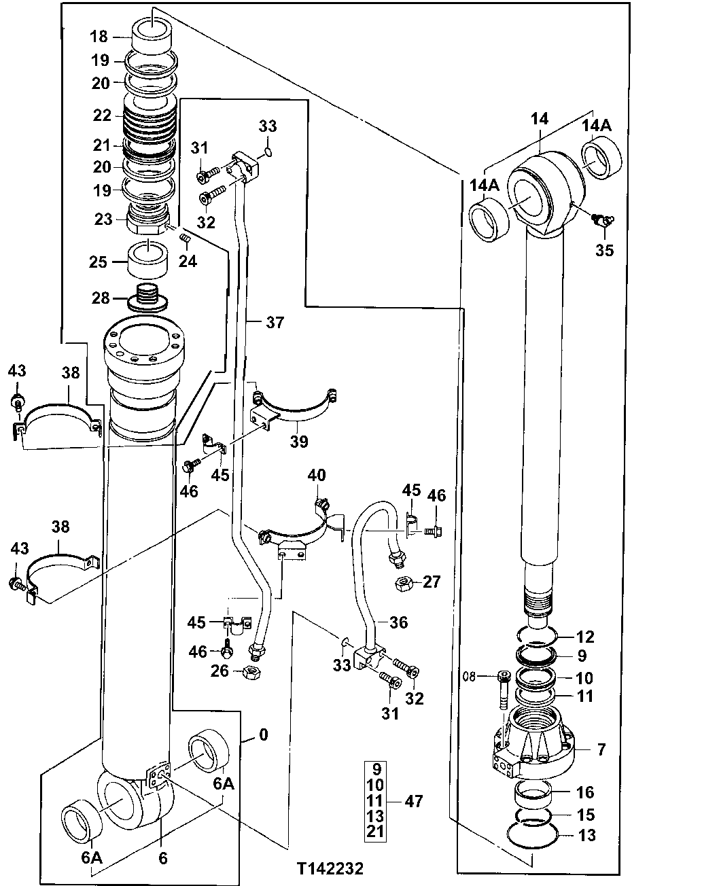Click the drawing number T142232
(330, 868)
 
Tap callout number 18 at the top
(100, 37)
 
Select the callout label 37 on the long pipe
(275, 322)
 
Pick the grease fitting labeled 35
(600, 219)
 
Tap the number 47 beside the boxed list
(414, 801)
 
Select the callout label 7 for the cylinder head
(600, 749)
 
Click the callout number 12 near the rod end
(585, 637)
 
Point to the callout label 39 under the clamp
(298, 442)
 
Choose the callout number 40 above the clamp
(317, 474)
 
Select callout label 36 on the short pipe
(398, 622)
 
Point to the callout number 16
(584, 792)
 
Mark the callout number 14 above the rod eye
(539, 119)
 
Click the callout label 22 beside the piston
(102, 116)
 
